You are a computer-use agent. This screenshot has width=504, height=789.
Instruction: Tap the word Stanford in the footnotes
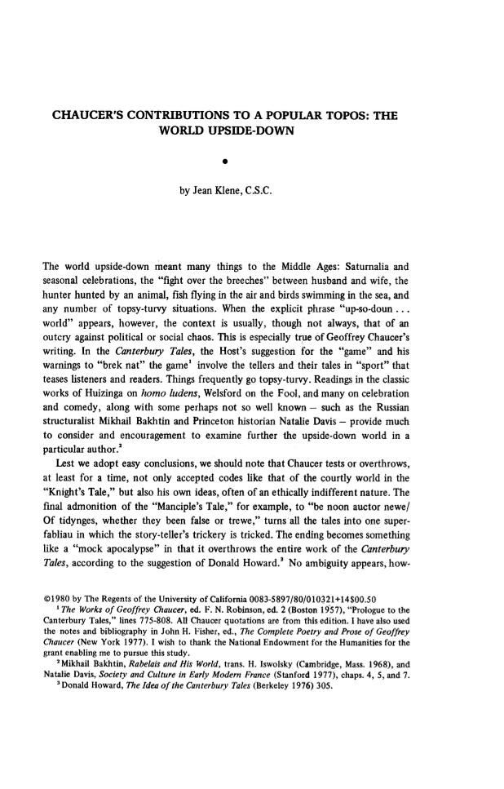[316, 689]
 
